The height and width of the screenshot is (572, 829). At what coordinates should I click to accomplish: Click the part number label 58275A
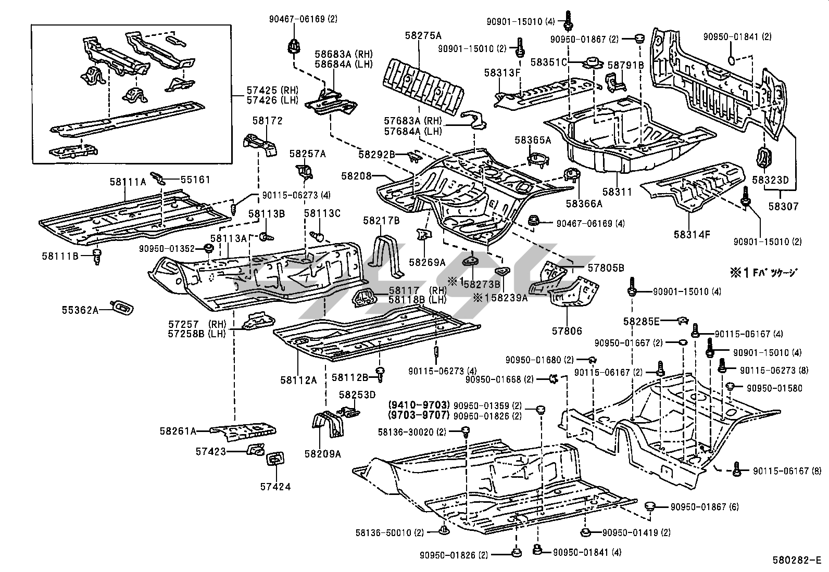pos(423,36)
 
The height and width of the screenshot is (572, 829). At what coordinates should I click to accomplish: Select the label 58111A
pos(128,182)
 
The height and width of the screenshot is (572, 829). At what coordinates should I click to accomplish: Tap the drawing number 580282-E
pos(796,561)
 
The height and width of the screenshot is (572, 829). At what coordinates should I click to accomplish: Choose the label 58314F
pos(692,234)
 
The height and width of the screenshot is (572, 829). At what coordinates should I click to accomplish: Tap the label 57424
pos(275,487)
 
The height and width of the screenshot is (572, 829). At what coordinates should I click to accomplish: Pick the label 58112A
pos(298,380)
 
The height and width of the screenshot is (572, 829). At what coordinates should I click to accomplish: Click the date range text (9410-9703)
pos(419,405)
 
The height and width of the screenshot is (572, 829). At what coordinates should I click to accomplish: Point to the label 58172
pos(267,121)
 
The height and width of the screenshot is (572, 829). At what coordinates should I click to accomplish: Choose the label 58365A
pos(532,139)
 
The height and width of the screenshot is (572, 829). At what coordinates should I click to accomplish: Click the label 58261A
pos(178,431)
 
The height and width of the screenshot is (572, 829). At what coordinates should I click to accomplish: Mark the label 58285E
pos(641,322)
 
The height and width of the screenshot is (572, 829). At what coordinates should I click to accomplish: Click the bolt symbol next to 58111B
pos(96,256)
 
